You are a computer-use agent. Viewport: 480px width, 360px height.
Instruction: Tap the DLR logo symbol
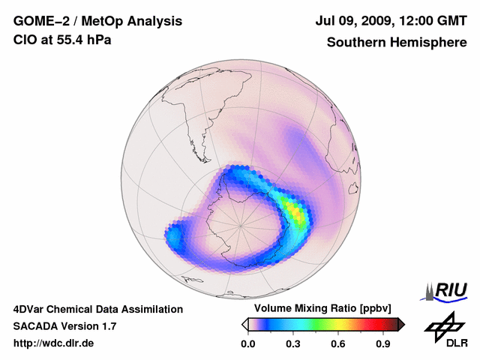(x=442, y=325)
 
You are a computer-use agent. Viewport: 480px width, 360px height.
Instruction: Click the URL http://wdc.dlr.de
(x=54, y=343)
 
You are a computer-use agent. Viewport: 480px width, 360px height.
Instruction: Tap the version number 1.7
(x=108, y=326)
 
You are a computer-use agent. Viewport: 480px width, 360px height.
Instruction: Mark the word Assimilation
(x=153, y=309)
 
